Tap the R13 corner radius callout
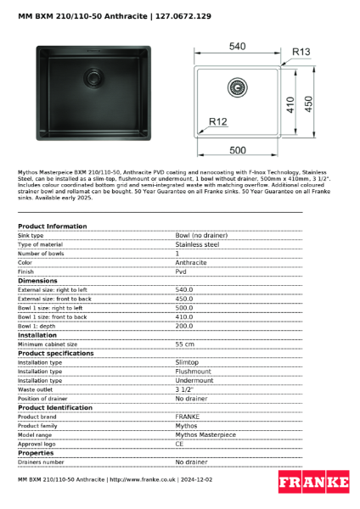[x=301, y=53]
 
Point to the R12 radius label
[x=218, y=123]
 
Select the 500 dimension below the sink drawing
[x=239, y=150]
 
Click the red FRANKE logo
[x=314, y=481]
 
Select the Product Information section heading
[x=53, y=227]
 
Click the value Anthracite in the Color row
[x=191, y=262]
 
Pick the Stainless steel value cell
[x=197, y=244]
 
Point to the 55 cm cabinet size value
[x=184, y=344]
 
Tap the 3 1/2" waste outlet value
[x=186, y=389]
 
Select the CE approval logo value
[x=180, y=444]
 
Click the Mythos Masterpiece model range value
[x=205, y=434]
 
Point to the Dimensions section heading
[x=38, y=281]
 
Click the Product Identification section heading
[x=56, y=408]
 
